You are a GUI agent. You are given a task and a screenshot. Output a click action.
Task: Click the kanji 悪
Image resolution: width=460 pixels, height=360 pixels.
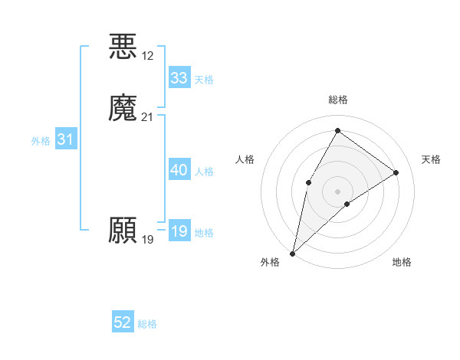click(123, 46)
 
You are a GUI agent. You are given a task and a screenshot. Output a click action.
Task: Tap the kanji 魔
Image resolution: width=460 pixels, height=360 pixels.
click(123, 108)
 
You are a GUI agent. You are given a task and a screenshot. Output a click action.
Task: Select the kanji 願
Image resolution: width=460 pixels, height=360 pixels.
click(123, 231)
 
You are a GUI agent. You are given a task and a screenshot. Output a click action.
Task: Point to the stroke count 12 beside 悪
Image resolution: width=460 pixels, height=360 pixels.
click(148, 56)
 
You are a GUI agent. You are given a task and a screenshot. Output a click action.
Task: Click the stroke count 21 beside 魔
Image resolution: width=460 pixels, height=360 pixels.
click(148, 117)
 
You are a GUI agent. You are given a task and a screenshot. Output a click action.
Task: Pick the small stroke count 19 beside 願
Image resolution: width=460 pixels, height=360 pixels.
click(148, 240)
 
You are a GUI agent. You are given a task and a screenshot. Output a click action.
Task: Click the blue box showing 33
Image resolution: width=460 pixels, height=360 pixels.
click(179, 78)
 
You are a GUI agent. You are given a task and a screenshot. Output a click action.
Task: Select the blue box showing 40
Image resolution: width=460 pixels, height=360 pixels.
click(179, 170)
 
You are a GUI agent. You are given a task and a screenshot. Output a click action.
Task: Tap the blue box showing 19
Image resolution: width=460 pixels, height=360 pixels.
click(179, 231)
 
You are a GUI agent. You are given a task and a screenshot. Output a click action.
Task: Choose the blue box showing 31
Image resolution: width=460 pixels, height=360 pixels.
click(65, 139)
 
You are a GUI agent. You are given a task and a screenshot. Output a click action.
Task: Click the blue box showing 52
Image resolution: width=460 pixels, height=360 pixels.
click(123, 322)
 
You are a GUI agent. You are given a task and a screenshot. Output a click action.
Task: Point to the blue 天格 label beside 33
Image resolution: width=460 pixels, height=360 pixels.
click(204, 80)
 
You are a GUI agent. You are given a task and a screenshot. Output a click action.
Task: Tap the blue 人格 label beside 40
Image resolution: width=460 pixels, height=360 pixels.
click(204, 172)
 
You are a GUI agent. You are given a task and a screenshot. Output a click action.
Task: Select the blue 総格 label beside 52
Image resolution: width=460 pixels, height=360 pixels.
click(147, 324)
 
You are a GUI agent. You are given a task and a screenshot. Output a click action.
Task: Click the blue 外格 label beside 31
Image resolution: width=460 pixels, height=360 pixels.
click(41, 141)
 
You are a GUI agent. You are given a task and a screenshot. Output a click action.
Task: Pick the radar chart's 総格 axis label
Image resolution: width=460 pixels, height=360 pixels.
click(337, 100)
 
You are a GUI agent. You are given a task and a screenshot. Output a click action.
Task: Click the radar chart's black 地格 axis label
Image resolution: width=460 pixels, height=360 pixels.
click(402, 262)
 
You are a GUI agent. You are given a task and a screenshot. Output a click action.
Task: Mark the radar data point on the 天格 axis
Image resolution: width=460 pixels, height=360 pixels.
click(396, 172)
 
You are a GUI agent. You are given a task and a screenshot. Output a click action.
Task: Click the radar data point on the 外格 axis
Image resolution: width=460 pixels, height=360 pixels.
click(292, 253)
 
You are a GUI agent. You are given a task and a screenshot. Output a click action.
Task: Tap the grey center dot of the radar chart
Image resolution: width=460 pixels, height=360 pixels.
click(337, 191)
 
